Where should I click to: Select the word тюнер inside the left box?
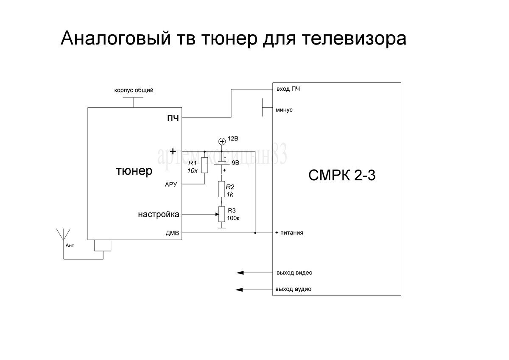click(x=134, y=171)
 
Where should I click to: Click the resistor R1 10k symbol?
click(x=204, y=165)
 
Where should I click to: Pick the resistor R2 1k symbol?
click(x=221, y=189)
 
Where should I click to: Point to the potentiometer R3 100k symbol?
click(x=221, y=214)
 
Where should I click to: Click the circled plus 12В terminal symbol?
click(x=221, y=141)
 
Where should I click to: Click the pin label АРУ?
click(x=171, y=184)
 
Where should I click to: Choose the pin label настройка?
click(x=158, y=215)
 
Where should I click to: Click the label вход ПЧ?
click(x=288, y=89)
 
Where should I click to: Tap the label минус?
click(x=284, y=110)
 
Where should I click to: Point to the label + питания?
click(x=289, y=233)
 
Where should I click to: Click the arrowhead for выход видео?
click(x=240, y=273)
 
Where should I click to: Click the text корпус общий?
click(x=134, y=90)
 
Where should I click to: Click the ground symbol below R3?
click(x=221, y=228)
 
